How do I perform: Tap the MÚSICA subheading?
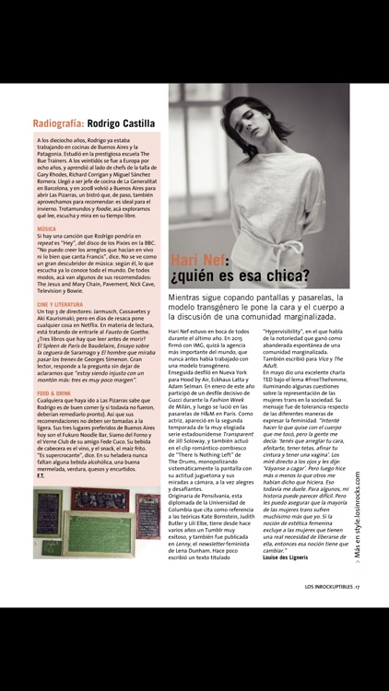click(46, 228)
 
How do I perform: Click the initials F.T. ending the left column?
click(40, 474)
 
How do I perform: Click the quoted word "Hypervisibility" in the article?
click(286, 328)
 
